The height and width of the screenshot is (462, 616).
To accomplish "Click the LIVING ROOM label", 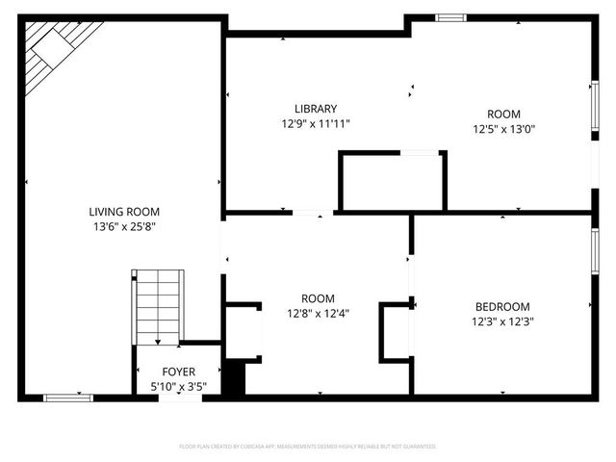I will [124, 212].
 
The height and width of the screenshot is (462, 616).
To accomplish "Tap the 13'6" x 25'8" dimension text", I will [124, 226].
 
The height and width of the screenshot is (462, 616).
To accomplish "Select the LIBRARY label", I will [316, 109].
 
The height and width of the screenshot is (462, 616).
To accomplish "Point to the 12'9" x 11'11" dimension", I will [316, 124].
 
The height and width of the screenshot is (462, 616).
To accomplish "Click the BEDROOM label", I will [501, 307].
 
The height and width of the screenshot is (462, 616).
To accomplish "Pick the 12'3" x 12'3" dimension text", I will [501, 321].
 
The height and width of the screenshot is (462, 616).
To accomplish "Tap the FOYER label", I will [178, 372].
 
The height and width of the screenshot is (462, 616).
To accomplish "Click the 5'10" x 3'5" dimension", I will [178, 385].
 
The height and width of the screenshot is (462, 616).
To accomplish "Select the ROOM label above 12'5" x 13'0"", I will [502, 114].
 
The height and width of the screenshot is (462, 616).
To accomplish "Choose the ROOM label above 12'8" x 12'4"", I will [318, 298].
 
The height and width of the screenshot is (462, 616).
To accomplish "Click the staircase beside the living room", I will [157, 306].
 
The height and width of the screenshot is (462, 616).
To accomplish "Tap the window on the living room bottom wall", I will [68, 397].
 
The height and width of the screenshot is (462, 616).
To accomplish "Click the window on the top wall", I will [450, 17].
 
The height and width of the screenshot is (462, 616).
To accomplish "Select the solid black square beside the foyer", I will [235, 377].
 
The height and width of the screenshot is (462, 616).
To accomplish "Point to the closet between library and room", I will [392, 181].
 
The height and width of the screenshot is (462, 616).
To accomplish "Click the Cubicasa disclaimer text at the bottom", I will [308, 447].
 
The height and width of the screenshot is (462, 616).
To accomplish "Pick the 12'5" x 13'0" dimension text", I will [502, 129].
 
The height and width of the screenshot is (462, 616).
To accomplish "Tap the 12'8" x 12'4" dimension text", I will [318, 313].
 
